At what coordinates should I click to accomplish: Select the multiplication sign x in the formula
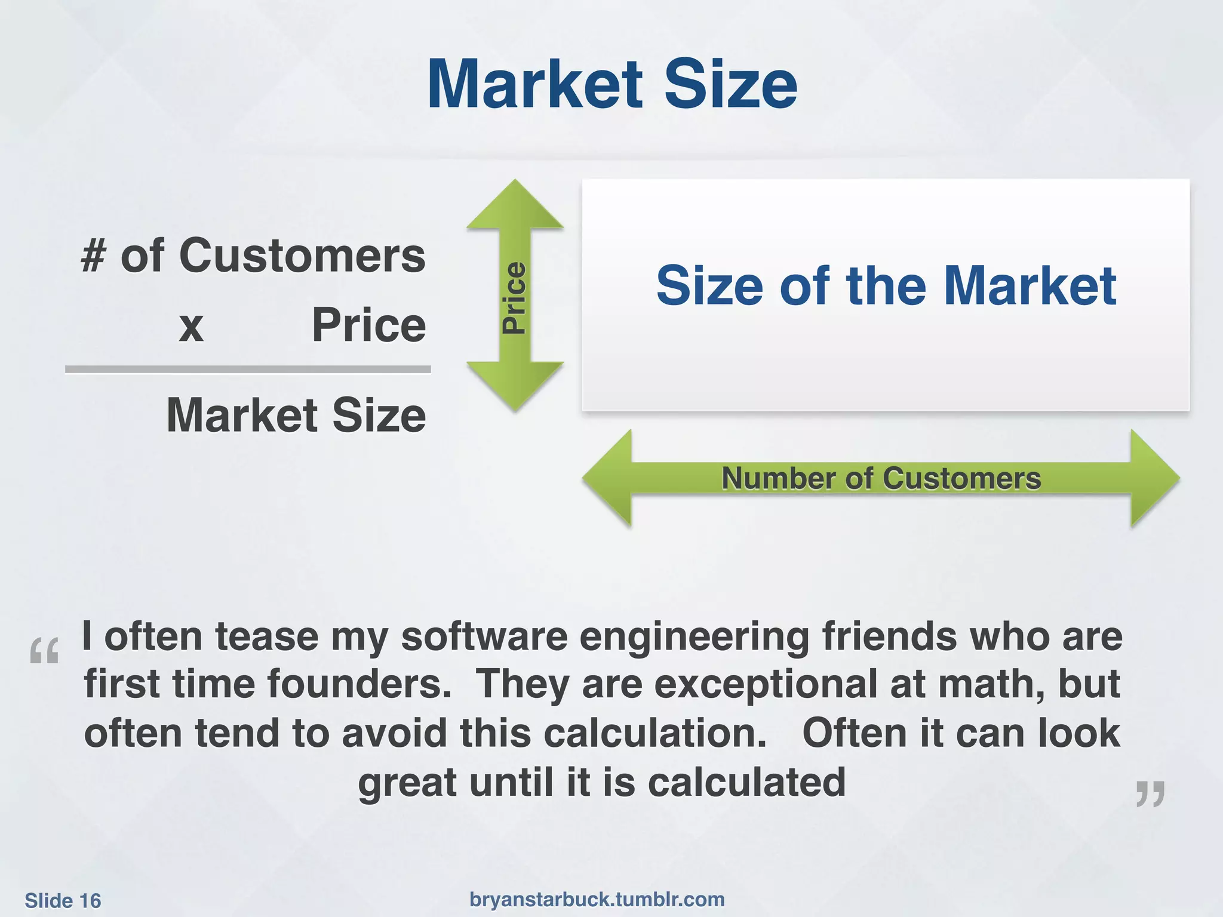[191, 327]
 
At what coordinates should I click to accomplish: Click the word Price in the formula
[368, 325]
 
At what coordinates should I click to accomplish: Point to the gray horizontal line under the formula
[248, 370]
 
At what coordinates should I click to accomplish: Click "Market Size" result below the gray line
[296, 415]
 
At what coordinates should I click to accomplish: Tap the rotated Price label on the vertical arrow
[514, 297]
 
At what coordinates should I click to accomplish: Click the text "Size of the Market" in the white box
[886, 285]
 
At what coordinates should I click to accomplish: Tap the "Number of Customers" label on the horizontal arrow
[881, 478]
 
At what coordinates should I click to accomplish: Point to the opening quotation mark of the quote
[45, 651]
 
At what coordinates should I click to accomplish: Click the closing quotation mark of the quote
[1150, 794]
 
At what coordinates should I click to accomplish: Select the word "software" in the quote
[484, 636]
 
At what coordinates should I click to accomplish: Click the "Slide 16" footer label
[63, 901]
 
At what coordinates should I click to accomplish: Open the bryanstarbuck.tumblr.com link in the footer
[597, 900]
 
